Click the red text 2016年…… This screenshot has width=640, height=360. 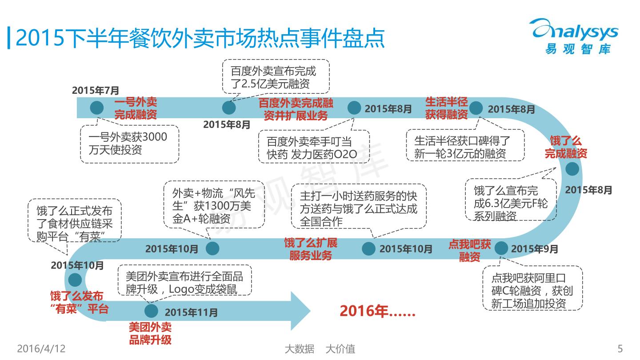(377, 311)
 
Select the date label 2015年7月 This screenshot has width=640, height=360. (96, 90)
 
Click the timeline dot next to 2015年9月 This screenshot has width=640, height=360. (501, 248)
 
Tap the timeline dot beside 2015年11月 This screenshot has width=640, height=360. (151, 310)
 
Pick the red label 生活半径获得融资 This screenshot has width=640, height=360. (447, 108)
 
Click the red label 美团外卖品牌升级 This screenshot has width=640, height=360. (150, 334)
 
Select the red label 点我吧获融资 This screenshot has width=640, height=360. (469, 250)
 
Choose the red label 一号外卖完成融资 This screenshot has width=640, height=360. (136, 108)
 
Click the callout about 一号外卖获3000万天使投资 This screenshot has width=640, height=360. (129, 144)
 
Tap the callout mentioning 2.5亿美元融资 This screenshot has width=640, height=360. (276, 76)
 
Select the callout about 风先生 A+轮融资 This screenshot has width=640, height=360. (214, 205)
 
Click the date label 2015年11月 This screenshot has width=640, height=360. (191, 313)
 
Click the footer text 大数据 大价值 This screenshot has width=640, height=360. (320, 349)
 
